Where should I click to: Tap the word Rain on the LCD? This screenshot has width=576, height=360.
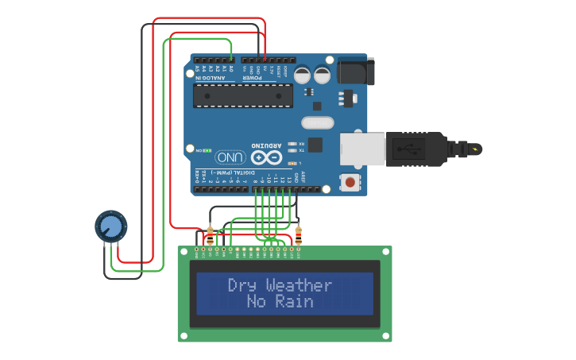click(x=295, y=302)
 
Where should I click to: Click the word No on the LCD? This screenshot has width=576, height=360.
click(x=257, y=302)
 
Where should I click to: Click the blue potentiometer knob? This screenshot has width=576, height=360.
click(x=111, y=226)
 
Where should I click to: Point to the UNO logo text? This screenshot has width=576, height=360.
click(x=230, y=157)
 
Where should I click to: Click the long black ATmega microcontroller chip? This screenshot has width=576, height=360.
click(x=242, y=95)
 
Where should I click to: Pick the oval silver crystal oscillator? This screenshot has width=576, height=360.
click(x=318, y=122)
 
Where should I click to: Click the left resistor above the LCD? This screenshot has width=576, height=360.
click(x=210, y=235)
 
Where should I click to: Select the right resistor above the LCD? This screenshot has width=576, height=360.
click(x=298, y=235)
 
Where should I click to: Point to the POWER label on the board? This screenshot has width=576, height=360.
click(x=253, y=78)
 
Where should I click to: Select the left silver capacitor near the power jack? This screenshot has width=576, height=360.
click(x=303, y=75)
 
